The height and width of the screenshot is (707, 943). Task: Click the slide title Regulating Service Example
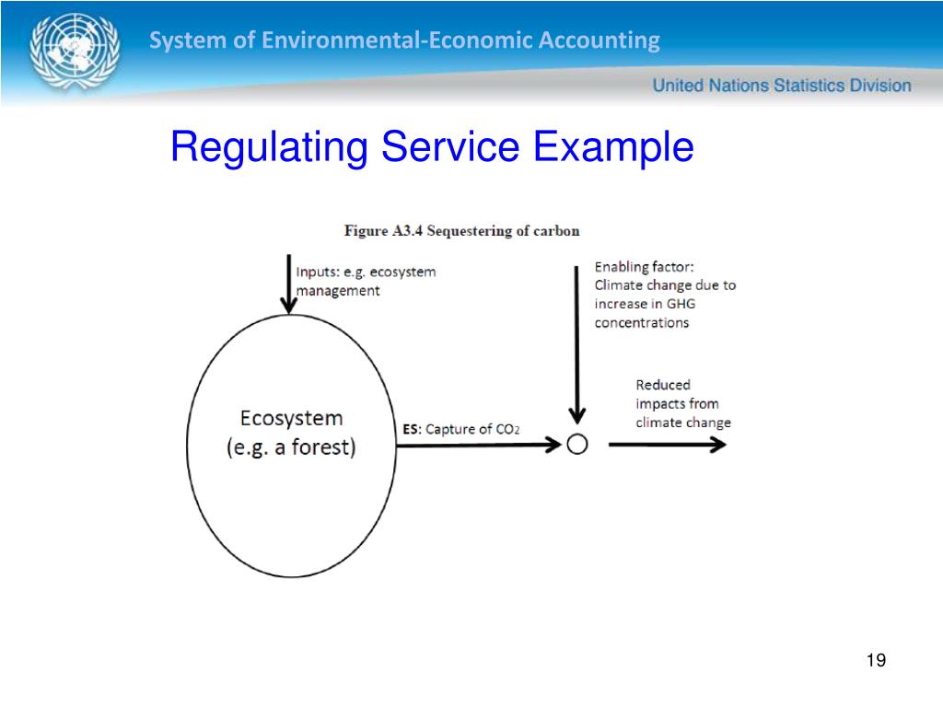[x=431, y=147]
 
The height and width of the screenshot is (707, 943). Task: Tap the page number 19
[x=876, y=661]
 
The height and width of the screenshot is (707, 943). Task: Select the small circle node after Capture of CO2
[x=577, y=445]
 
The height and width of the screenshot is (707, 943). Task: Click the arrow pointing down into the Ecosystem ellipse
[x=289, y=285]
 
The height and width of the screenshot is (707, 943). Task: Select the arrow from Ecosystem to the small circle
[x=479, y=445]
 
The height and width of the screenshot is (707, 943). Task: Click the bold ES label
[x=411, y=429]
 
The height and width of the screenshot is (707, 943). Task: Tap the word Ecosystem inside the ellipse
[x=291, y=418]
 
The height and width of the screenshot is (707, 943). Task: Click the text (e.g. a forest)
[x=291, y=448]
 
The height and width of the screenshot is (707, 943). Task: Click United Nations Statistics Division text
[x=782, y=86]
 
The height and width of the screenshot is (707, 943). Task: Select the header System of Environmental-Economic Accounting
[x=404, y=41]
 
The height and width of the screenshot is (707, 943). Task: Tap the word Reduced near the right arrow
[x=662, y=385]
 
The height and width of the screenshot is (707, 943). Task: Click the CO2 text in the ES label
[x=507, y=430]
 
